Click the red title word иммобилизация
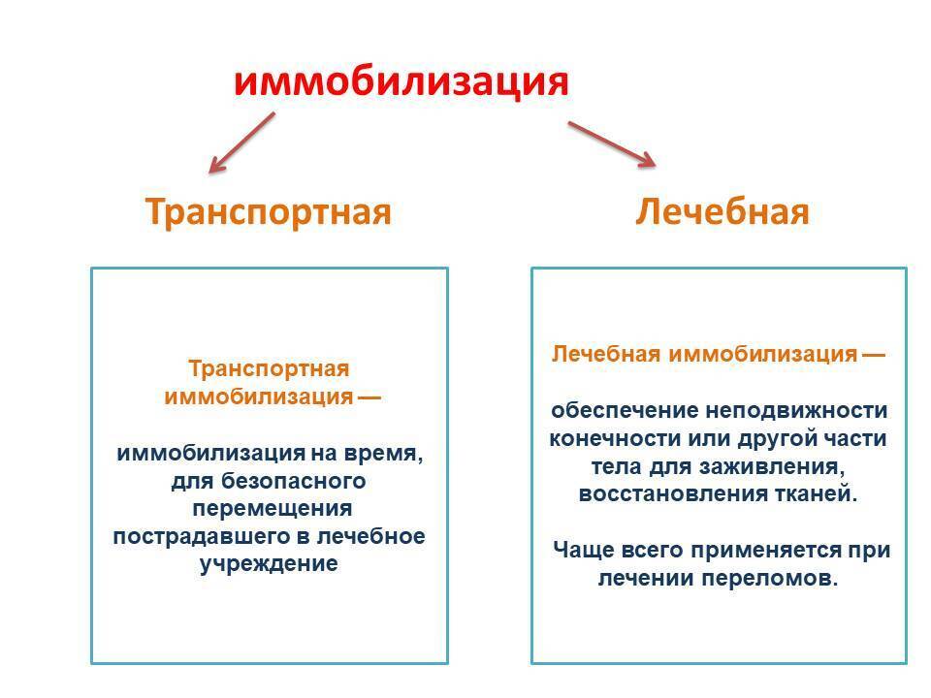click(401, 80)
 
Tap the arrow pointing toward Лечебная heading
click(612, 143)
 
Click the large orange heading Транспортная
click(269, 211)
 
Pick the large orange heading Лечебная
click(722, 211)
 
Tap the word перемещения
click(272, 508)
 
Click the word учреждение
click(269, 563)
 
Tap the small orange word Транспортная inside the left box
click(268, 369)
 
